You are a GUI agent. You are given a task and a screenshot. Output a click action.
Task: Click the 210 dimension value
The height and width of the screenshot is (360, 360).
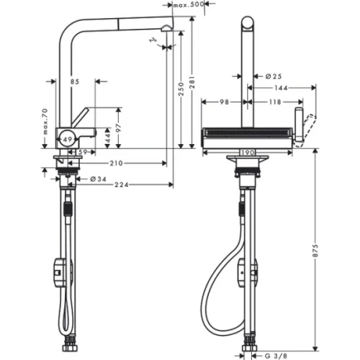(x=116, y=163)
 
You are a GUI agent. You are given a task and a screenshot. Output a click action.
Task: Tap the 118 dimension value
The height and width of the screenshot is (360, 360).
(x=275, y=102)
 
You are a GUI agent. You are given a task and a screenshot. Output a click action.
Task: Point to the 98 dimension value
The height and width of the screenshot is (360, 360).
(x=225, y=102)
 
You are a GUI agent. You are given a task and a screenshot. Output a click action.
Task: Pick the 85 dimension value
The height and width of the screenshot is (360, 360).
(x=74, y=81)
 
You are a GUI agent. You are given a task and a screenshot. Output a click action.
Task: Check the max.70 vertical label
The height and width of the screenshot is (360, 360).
(x=44, y=123)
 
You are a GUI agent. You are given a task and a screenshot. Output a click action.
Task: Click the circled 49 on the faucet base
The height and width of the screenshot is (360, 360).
(x=66, y=137)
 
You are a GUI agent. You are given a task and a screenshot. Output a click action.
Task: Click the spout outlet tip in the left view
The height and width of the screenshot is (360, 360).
(x=166, y=28)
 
